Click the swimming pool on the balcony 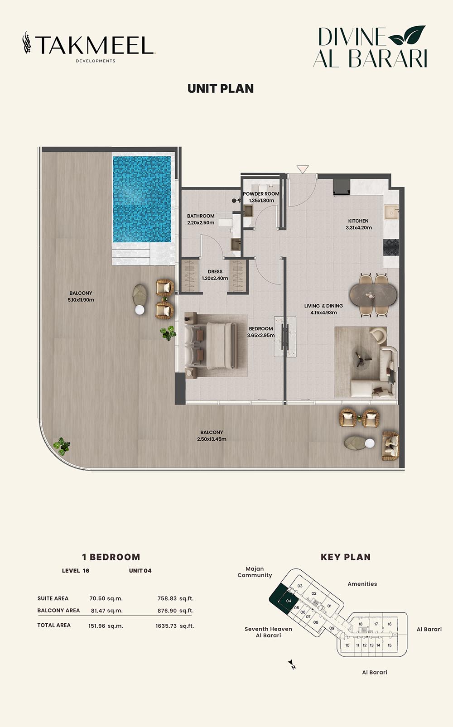141,199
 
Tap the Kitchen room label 358,221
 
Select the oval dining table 373,295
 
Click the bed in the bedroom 211,345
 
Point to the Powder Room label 261,194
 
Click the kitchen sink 392,212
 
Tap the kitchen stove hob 391,247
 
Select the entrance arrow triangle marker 303,169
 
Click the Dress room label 215,271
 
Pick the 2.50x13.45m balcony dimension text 212,439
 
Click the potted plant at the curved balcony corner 62,446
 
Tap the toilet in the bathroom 226,221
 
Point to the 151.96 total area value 96,626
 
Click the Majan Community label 255,572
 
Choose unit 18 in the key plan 360,624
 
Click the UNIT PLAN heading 221,89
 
